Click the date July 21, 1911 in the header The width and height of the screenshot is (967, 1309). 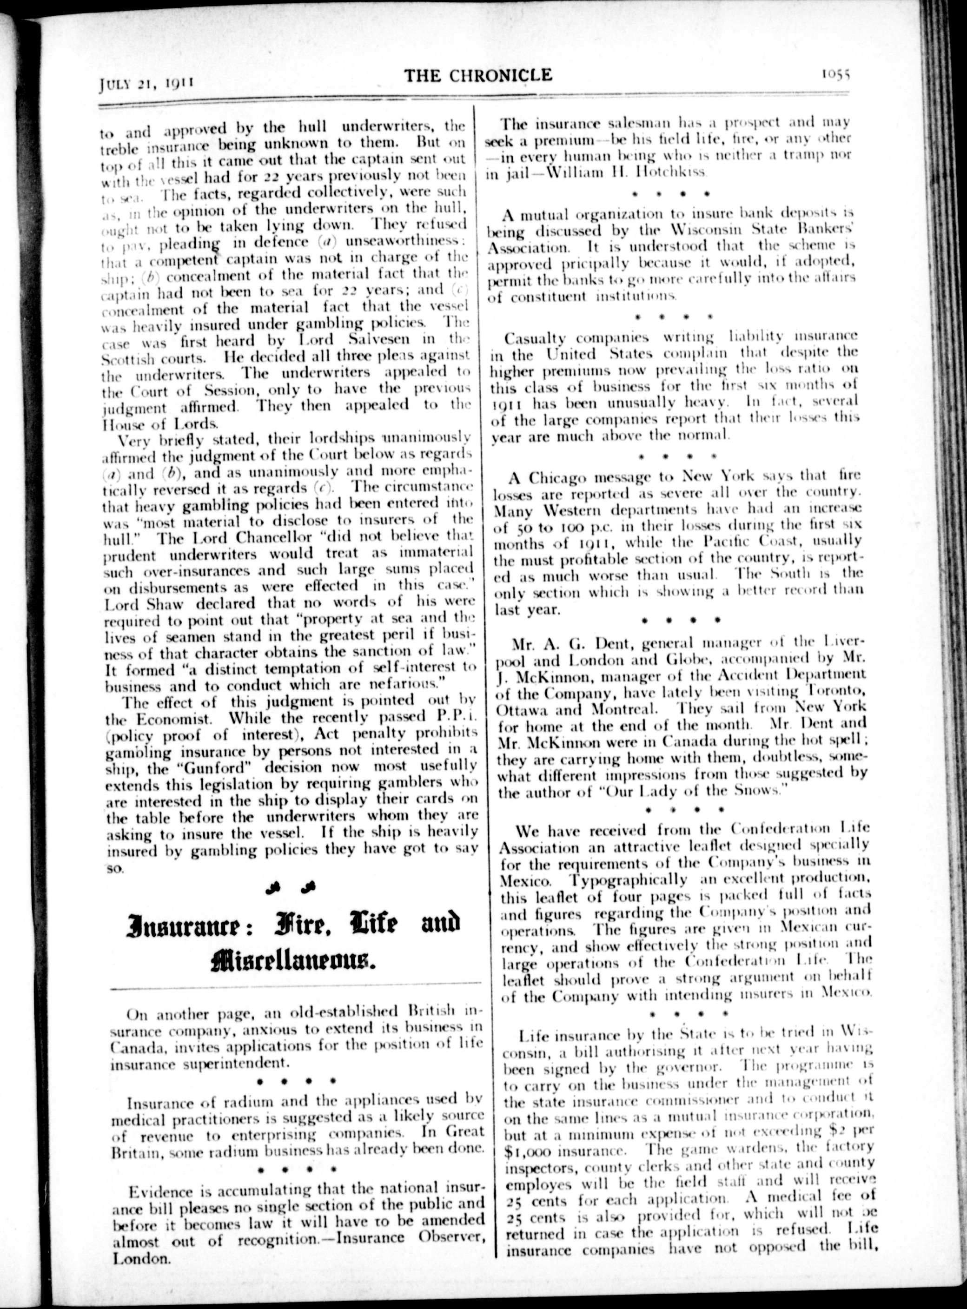[145, 82]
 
